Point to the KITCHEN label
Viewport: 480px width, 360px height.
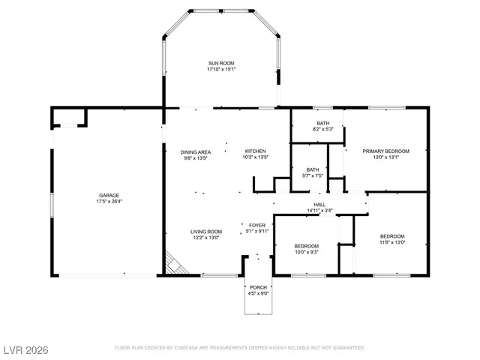(255, 151)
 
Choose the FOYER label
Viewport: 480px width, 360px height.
(256, 225)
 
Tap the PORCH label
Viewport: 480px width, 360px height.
(258, 287)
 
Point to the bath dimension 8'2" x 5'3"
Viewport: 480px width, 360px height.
(322, 130)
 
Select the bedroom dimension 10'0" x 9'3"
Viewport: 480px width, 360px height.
(306, 252)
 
